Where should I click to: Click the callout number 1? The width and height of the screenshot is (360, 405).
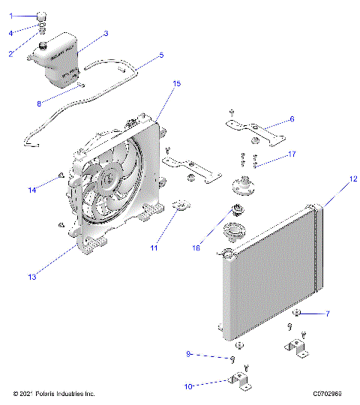coord(10,16)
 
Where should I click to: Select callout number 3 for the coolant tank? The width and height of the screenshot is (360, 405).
coord(106,34)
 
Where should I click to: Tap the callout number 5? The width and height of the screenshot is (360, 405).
coord(160,55)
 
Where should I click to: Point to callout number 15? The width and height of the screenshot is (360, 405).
coord(176,83)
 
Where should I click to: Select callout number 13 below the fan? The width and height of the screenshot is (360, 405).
coord(32,277)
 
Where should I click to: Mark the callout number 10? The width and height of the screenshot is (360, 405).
coord(188,386)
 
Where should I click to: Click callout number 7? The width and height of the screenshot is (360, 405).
coord(327,313)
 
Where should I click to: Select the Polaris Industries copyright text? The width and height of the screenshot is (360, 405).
coord(54,393)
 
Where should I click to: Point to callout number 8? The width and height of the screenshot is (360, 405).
coord(40,103)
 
